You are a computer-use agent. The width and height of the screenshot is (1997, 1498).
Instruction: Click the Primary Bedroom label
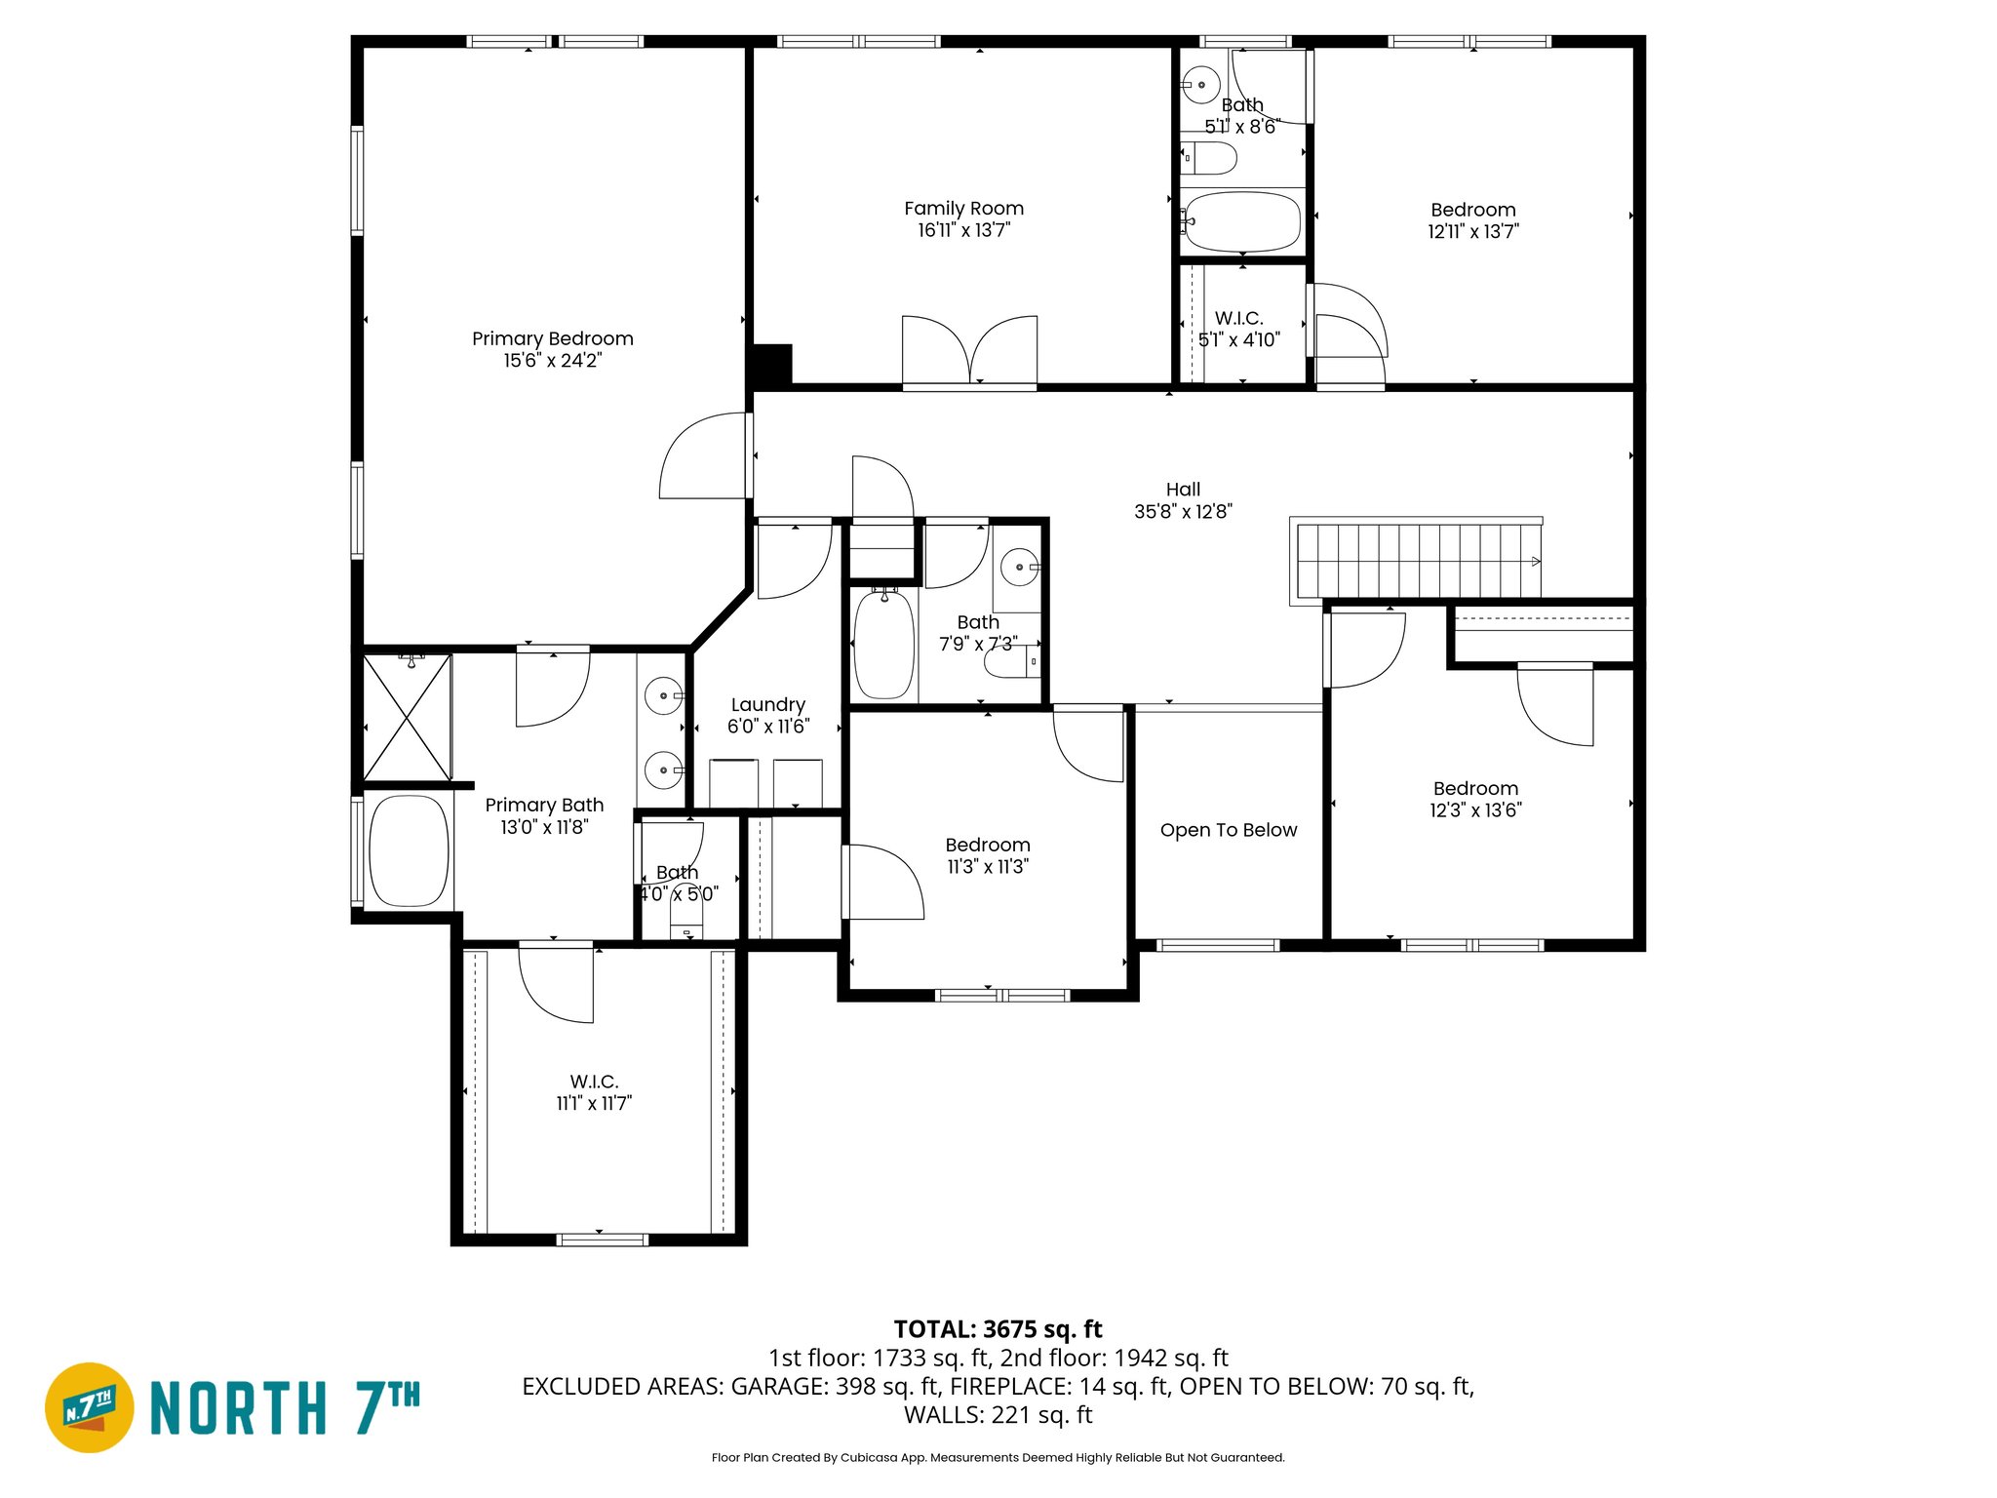click(552, 338)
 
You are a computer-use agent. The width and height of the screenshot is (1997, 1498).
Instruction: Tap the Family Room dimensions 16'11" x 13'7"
click(963, 230)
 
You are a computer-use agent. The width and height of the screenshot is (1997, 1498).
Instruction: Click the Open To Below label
click(1228, 830)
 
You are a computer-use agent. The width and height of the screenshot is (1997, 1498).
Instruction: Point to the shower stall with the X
click(407, 717)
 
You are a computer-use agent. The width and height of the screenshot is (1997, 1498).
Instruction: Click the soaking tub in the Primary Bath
click(410, 850)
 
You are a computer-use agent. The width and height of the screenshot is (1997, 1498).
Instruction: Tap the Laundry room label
click(767, 704)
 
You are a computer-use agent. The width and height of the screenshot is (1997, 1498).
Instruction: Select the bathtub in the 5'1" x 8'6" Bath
click(1242, 222)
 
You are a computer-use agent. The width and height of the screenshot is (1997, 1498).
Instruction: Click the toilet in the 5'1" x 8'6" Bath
click(1209, 157)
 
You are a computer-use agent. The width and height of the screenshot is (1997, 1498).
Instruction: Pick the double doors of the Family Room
click(969, 351)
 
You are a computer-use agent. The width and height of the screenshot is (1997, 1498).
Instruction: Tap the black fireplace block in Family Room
click(771, 365)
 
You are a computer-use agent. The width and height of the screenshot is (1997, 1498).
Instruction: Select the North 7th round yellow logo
click(90, 1406)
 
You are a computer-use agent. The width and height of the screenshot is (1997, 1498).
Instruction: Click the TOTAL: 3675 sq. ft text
click(998, 1329)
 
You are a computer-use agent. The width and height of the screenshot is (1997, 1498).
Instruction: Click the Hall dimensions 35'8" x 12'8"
click(1183, 512)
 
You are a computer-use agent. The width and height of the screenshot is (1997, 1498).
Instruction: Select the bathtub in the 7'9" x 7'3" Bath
click(884, 645)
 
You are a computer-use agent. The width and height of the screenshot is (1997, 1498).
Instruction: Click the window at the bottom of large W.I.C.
click(602, 1240)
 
